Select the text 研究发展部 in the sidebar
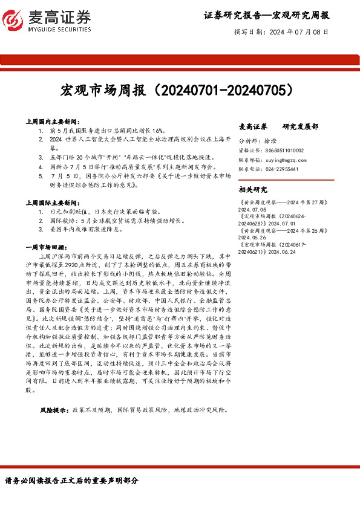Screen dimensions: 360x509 click(x=301, y=127)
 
